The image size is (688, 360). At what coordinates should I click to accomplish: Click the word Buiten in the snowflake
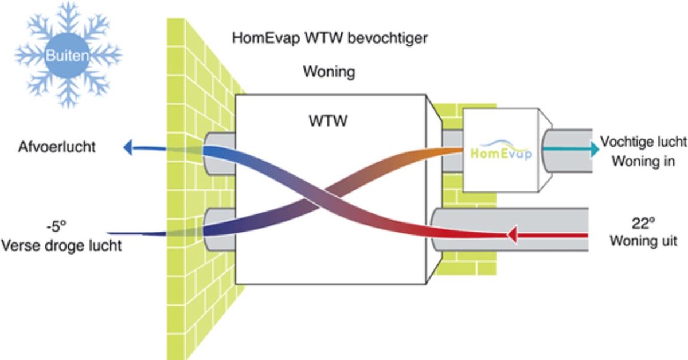pos(67,56)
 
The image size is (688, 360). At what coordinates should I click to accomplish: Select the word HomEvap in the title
pos(265,38)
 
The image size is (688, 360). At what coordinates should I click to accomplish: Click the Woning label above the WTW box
pos(329,72)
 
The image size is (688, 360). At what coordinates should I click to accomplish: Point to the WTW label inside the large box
pos(328,121)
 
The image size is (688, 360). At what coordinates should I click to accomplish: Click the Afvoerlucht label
pos(57,147)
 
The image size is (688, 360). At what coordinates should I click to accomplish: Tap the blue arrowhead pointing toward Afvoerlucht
pos(128,147)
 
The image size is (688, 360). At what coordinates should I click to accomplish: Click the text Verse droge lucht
pos(61,246)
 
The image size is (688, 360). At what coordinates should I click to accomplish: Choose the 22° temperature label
pos(643,224)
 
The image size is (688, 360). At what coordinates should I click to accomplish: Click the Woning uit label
pos(643,241)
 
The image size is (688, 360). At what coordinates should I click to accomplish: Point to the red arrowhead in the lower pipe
pos(513,235)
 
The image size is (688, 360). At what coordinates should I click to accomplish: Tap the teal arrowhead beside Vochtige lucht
pos(595,150)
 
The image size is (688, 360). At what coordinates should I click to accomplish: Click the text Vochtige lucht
pos(643,142)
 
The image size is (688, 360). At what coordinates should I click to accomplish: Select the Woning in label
pos(643,161)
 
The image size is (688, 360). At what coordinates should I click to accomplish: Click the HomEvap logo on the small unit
pos(501,150)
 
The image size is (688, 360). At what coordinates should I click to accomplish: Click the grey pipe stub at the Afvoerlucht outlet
pos(219,154)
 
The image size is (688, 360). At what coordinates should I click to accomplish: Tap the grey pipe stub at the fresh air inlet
pos(219,229)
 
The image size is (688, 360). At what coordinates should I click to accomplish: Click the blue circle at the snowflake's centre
pos(67,55)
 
